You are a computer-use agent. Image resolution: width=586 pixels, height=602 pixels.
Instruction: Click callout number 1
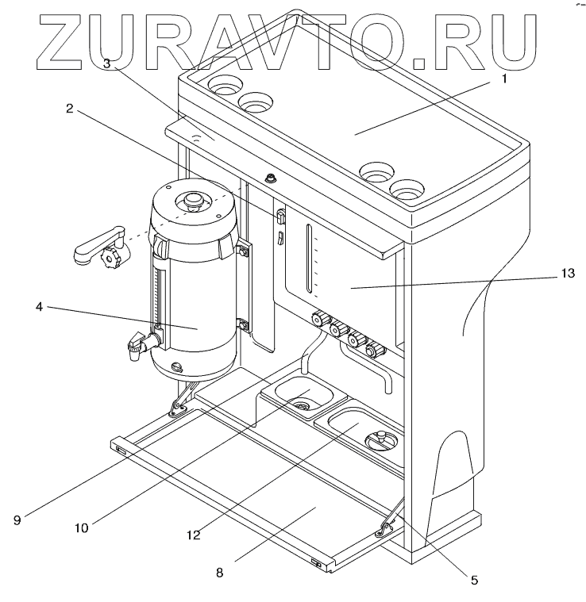click(x=503, y=79)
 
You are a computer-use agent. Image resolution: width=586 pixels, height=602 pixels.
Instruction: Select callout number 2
click(x=70, y=110)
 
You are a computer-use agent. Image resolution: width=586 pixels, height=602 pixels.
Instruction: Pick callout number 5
click(x=474, y=580)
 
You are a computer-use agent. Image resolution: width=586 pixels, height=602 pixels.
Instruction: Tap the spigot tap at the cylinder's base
click(x=136, y=345)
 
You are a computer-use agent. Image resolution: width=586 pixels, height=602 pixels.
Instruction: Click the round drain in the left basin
click(x=301, y=405)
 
